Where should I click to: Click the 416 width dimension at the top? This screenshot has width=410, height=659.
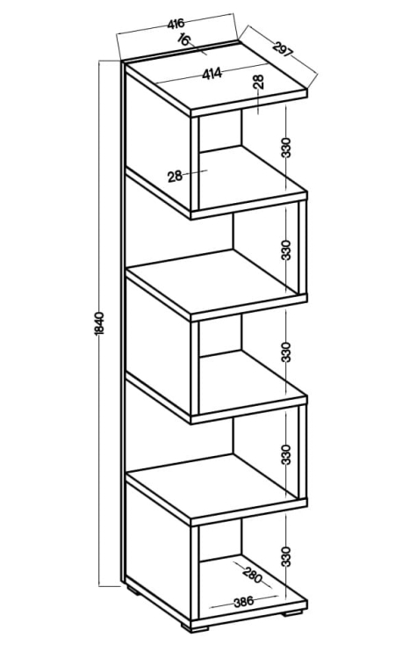pyautogui.click(x=176, y=24)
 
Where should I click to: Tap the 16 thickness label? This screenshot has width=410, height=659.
pyautogui.click(x=184, y=40)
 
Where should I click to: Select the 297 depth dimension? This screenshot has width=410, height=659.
pyautogui.click(x=283, y=48)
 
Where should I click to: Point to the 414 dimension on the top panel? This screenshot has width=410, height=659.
pyautogui.click(x=212, y=74)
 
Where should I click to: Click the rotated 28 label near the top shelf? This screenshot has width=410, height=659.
pyautogui.click(x=259, y=82)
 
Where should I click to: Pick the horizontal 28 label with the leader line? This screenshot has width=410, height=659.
pyautogui.click(x=175, y=177)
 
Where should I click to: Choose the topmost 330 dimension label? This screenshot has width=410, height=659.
pyautogui.click(x=285, y=148)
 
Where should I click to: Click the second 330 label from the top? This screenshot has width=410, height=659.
pyautogui.click(x=285, y=250)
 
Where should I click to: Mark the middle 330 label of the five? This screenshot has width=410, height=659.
pyautogui.click(x=285, y=352)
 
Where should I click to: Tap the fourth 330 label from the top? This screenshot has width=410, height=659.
pyautogui.click(x=285, y=454)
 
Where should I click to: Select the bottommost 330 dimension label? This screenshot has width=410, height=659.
pyautogui.click(x=285, y=556)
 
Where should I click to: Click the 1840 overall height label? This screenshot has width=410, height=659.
pyautogui.click(x=99, y=323)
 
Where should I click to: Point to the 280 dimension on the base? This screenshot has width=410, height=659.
pyautogui.click(x=252, y=575)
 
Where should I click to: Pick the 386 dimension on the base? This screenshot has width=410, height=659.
pyautogui.click(x=244, y=602)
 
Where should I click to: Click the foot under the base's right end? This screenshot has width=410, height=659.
pyautogui.click(x=292, y=613)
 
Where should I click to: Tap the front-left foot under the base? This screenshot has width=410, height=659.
pyautogui.click(x=195, y=628)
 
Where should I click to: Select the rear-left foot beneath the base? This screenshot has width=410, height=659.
pyautogui.click(x=133, y=590)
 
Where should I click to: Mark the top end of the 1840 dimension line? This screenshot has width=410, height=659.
pyautogui.click(x=99, y=62)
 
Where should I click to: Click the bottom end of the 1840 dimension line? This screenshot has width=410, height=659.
pyautogui.click(x=99, y=585)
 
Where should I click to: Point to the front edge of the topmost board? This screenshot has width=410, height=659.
pyautogui.click(x=249, y=103)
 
